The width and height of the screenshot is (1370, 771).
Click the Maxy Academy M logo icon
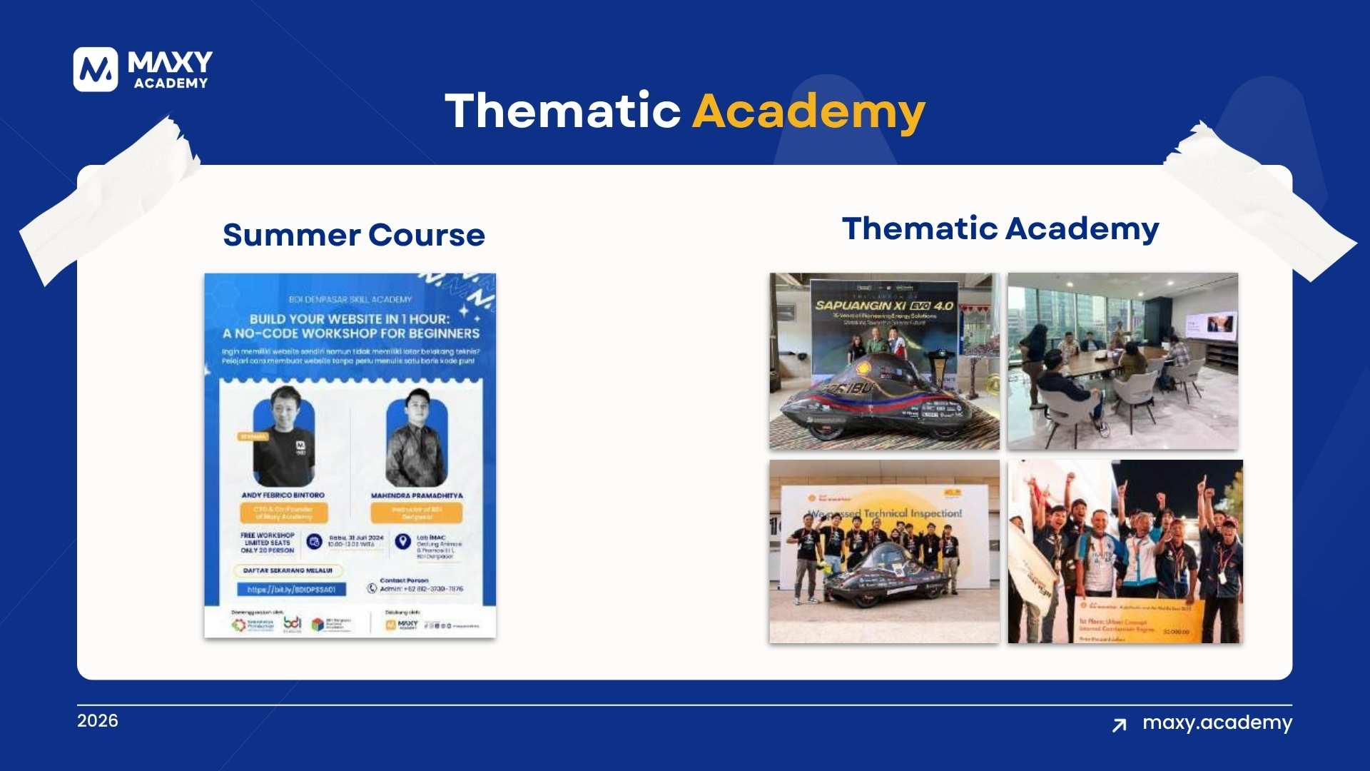(95, 69)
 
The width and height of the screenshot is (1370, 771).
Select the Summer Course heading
(354, 235)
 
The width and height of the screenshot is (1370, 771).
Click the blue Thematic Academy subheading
(1000, 228)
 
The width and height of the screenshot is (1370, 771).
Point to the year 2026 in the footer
(98, 720)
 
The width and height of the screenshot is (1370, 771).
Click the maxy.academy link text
(1217, 722)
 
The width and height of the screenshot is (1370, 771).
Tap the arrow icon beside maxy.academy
(1120, 725)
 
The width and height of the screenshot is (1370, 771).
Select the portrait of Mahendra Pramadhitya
(416, 438)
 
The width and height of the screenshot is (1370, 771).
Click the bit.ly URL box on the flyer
(291, 590)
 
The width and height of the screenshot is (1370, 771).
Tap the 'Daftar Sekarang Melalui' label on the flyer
(288, 570)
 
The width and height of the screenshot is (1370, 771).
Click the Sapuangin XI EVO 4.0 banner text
(884, 306)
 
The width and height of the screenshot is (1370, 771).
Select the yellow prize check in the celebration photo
(1135, 621)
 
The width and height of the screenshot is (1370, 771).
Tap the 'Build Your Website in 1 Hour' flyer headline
(350, 326)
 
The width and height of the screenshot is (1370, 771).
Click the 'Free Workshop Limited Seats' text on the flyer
(268, 543)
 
